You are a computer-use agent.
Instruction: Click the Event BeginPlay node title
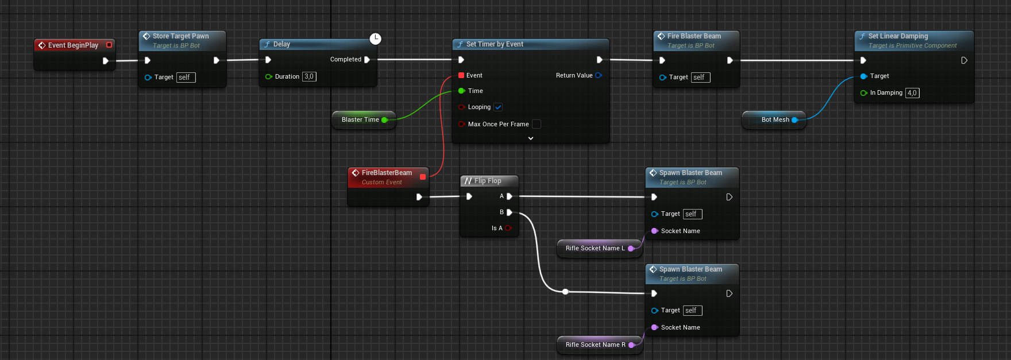pyautogui.click(x=73, y=45)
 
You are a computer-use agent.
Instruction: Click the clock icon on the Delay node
pyautogui.click(x=375, y=38)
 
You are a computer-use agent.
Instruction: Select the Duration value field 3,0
pyautogui.click(x=309, y=76)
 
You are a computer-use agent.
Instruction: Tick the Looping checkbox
pyautogui.click(x=498, y=107)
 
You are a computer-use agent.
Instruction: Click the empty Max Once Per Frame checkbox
pyautogui.click(x=537, y=124)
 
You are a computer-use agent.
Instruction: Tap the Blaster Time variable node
pyautogui.click(x=360, y=119)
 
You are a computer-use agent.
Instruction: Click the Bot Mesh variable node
pyautogui.click(x=775, y=119)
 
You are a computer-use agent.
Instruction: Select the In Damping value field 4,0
pyautogui.click(x=912, y=93)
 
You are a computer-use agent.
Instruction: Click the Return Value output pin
pyautogui.click(x=599, y=75)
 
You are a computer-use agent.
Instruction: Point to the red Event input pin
pyautogui.click(x=461, y=75)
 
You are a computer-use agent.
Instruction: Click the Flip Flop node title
pyautogui.click(x=488, y=181)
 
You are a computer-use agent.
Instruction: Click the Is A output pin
pyautogui.click(x=508, y=228)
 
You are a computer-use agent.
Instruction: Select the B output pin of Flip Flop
pyautogui.click(x=510, y=212)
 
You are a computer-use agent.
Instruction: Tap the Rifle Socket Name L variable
pyautogui.click(x=595, y=248)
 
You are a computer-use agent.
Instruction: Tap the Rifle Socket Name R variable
pyautogui.click(x=595, y=344)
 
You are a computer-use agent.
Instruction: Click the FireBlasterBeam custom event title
pyautogui.click(x=387, y=173)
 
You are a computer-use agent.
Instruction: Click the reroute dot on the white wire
pyautogui.click(x=565, y=292)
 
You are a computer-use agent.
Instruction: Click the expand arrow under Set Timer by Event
pyautogui.click(x=531, y=138)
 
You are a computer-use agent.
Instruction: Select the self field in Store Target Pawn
pyautogui.click(x=186, y=78)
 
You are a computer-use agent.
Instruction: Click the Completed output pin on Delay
pyautogui.click(x=367, y=60)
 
